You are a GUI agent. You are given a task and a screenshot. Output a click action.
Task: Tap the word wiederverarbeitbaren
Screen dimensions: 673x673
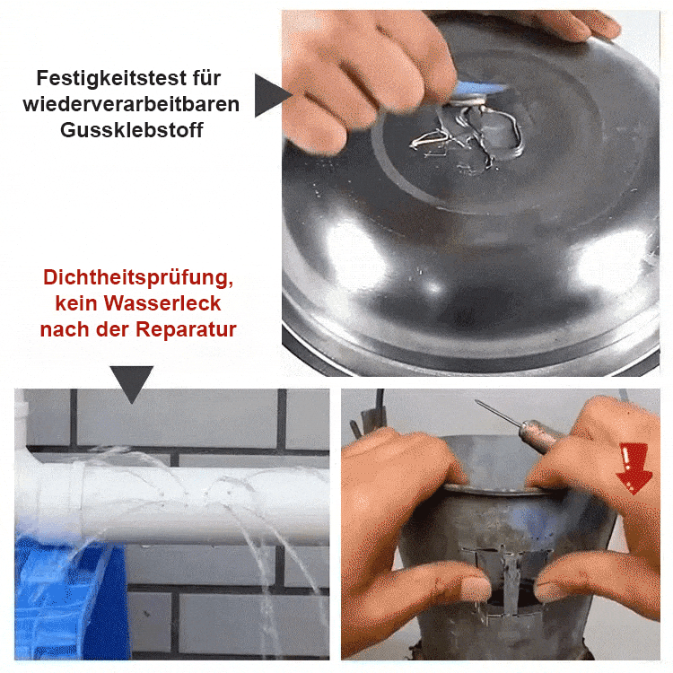[x=132, y=104]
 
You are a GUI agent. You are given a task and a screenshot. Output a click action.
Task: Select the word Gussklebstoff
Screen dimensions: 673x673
[x=132, y=129]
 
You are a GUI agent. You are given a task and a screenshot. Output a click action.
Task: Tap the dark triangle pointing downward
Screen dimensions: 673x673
[x=131, y=381]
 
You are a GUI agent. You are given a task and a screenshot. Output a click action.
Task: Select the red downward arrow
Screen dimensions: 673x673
[x=635, y=467]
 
